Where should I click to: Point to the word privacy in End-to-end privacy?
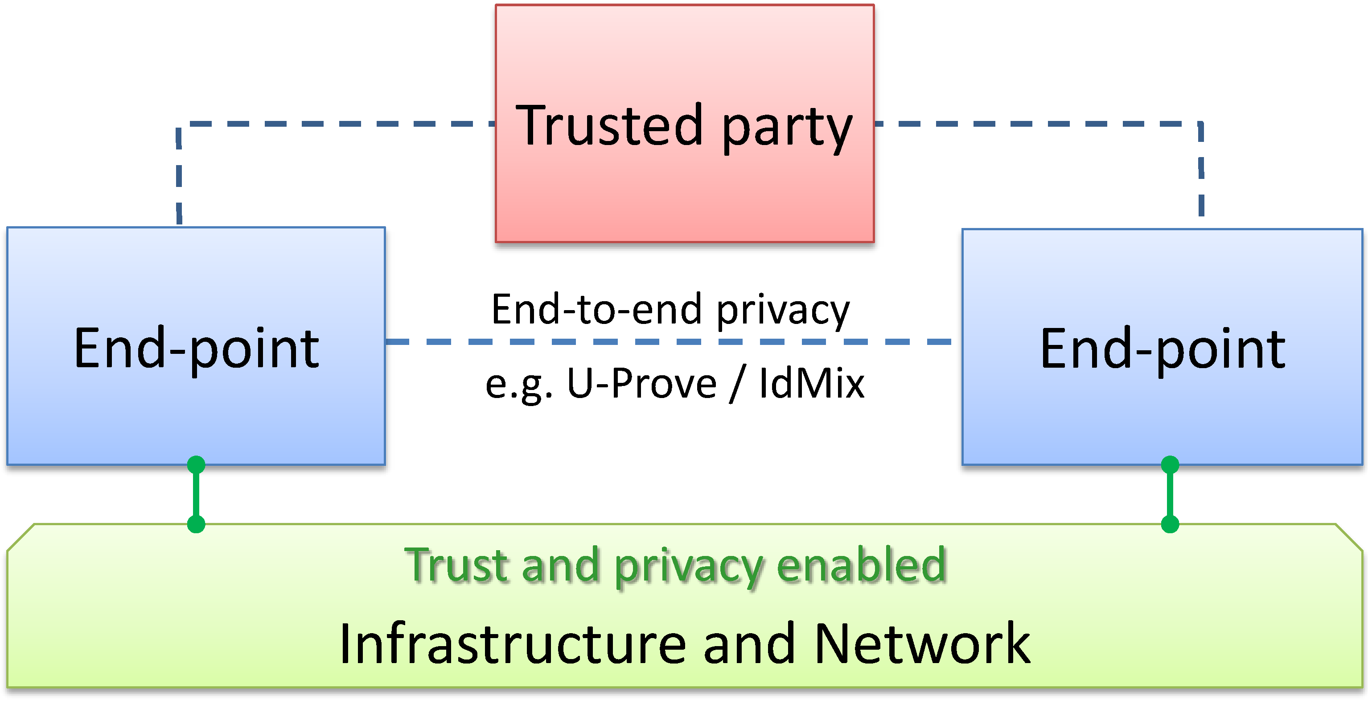tap(783, 311)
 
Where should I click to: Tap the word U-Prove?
tap(641, 383)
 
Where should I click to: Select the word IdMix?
tap(811, 383)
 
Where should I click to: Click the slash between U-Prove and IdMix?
tap(737, 384)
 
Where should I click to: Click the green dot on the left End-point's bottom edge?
tap(196, 465)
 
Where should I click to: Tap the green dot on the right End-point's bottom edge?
tap(1170, 465)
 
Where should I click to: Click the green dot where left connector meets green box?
tap(196, 524)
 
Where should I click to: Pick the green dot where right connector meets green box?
tap(1170, 524)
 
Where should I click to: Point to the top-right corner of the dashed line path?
tap(1201, 124)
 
